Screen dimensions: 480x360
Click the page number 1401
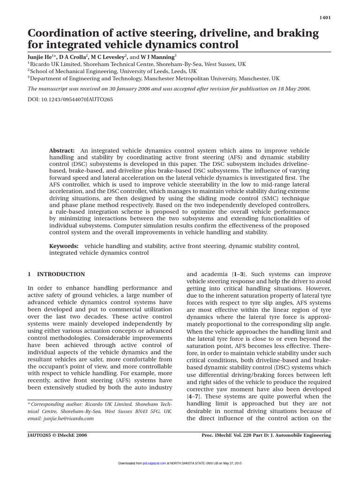(x=325, y=17)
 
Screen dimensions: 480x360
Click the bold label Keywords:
(x=64, y=246)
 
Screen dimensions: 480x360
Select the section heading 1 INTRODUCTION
(x=56, y=274)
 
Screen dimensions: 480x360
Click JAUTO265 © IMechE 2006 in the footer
(x=57, y=435)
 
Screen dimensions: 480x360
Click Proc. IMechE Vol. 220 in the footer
(x=231, y=435)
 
